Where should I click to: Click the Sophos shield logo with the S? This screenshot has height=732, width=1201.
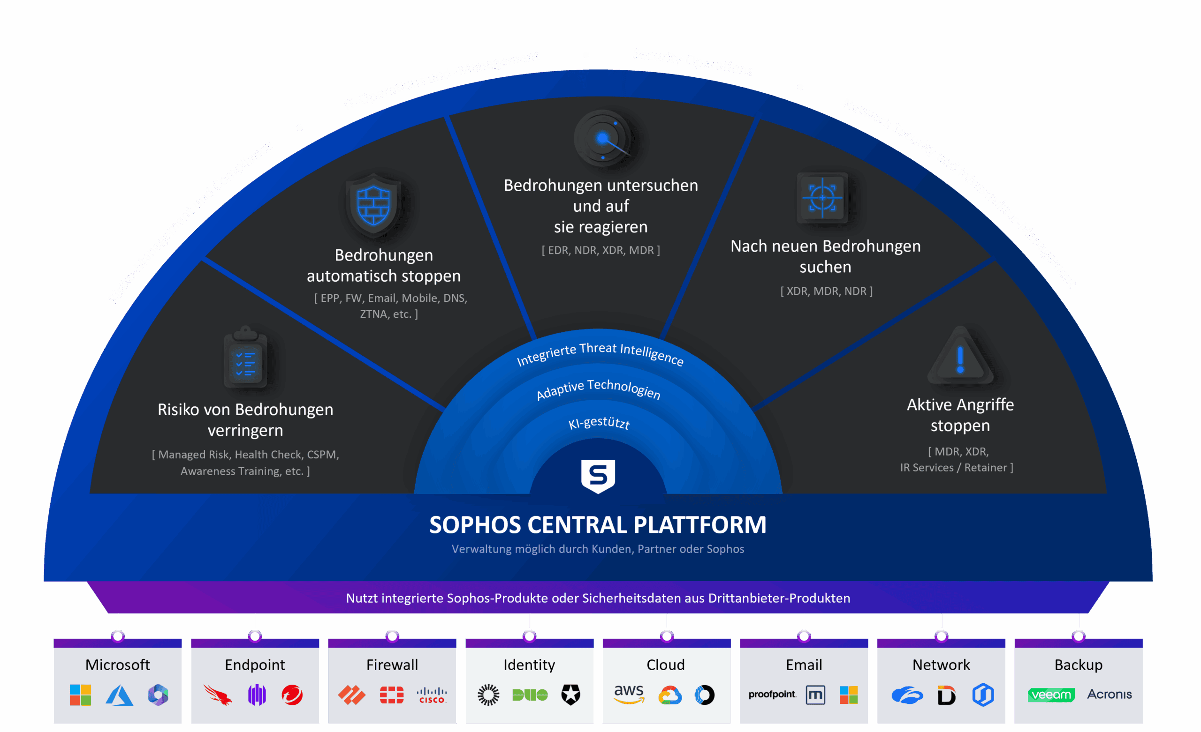pyautogui.click(x=598, y=476)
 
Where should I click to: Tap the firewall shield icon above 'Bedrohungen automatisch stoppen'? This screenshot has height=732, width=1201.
pyautogui.click(x=373, y=205)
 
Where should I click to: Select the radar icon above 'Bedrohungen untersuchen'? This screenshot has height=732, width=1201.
pyautogui.click(x=602, y=139)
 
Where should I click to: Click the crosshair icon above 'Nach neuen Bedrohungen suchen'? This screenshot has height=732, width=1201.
pyautogui.click(x=822, y=198)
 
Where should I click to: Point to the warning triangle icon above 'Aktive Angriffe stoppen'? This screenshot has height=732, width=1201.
pyautogui.click(x=960, y=357)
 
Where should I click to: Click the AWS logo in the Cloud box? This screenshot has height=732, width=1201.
pyautogui.click(x=629, y=694)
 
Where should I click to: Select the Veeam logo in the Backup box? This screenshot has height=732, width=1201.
pyautogui.click(x=1050, y=695)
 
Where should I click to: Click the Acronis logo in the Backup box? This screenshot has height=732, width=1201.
pyautogui.click(x=1110, y=694)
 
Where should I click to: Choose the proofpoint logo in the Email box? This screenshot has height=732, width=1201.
pyautogui.click(x=772, y=694)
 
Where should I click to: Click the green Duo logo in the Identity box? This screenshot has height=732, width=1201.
pyautogui.click(x=530, y=695)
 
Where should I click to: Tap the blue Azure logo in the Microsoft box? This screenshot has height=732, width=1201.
pyautogui.click(x=120, y=695)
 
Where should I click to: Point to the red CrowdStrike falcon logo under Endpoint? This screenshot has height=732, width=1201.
pyautogui.click(x=217, y=695)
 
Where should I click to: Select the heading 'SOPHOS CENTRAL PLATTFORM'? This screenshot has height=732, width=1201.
pyautogui.click(x=598, y=525)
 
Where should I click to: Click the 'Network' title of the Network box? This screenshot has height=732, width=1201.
pyautogui.click(x=941, y=665)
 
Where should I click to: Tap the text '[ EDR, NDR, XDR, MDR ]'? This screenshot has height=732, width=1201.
pyautogui.click(x=600, y=250)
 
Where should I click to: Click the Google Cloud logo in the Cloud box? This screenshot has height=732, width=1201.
pyautogui.click(x=670, y=695)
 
